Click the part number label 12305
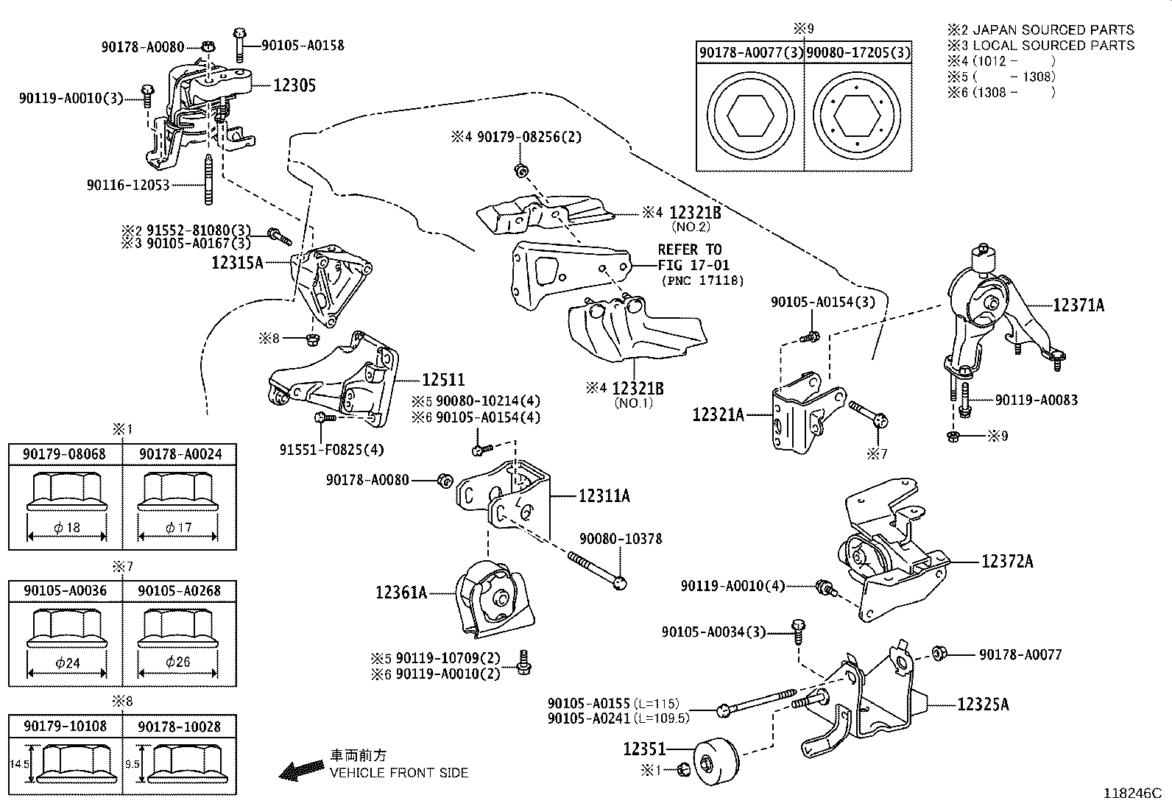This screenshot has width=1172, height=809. coord(294,85)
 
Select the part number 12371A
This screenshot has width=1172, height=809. coord(1079,305)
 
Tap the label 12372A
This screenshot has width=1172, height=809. coord(1007,562)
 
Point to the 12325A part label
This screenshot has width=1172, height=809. coord(983,704)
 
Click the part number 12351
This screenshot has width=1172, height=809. coord(644,749)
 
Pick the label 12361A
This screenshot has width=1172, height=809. coord(401,592)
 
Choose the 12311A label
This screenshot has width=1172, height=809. coord(604,496)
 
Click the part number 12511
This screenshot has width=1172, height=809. coord(443,380)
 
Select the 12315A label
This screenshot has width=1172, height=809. coord(237,262)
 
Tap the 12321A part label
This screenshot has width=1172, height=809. coord(718,415)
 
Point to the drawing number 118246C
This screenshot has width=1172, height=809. coord(1132,794)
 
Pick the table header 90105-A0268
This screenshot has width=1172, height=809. coord(179,590)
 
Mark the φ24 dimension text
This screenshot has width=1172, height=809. coord(67,663)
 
